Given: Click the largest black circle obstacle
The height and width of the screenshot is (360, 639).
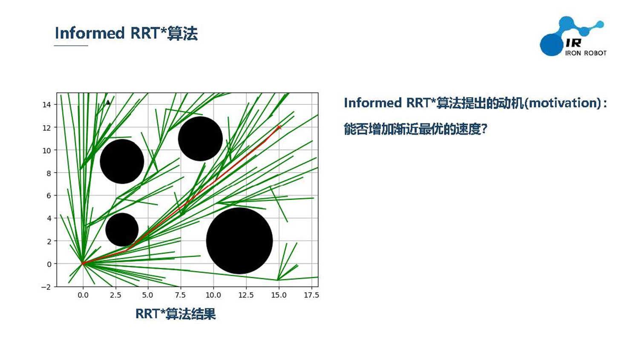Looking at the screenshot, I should click(x=239, y=241).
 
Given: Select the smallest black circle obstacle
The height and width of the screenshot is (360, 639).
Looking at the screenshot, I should click(x=122, y=230).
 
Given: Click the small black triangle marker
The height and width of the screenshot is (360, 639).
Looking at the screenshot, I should click(x=108, y=102).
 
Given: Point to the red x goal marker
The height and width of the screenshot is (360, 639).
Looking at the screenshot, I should click(x=279, y=127).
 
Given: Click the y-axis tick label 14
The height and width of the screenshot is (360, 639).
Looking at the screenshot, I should click(x=46, y=105).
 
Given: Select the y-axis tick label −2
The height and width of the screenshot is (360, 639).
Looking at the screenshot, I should click(x=46, y=287).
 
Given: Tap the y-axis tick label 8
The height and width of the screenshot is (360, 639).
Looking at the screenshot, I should click(x=49, y=173).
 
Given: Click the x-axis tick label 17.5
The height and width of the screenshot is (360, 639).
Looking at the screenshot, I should click(x=311, y=295).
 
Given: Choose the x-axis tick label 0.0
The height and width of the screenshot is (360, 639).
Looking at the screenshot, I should click(x=83, y=295).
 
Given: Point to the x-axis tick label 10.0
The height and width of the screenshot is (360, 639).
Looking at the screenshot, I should click(x=213, y=295).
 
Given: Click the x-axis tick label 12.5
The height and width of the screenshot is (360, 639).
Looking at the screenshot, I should click(x=246, y=295).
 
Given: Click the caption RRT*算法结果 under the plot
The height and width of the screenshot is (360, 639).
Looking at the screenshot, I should click(x=176, y=314).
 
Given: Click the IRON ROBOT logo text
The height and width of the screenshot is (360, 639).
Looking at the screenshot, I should click(x=586, y=53).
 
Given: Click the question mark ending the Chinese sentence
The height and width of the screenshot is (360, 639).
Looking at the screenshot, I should click(x=484, y=129).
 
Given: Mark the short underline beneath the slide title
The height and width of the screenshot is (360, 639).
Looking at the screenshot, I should click(x=71, y=46).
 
